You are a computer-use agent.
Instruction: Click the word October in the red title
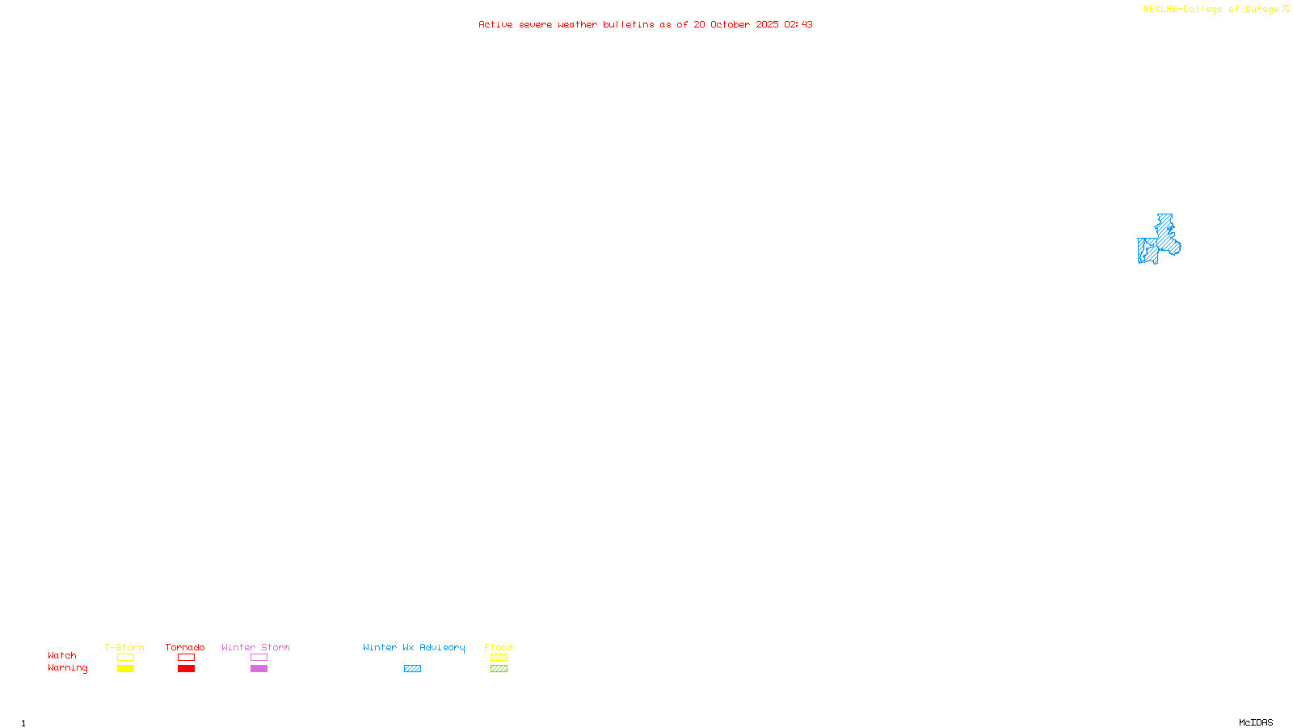(730, 24)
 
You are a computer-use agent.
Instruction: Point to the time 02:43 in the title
(798, 24)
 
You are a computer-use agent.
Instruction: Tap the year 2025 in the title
(767, 24)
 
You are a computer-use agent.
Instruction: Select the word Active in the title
(495, 24)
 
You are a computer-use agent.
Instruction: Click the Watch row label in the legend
(62, 655)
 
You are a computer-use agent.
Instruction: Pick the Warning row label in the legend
(67, 668)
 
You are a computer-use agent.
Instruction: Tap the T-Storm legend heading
(124, 647)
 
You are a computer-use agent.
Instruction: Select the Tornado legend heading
(185, 647)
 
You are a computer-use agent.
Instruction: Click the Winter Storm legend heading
(255, 647)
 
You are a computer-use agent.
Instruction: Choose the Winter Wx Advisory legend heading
(414, 647)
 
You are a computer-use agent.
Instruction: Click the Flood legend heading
(499, 647)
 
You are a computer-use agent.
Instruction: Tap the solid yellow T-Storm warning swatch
(125, 669)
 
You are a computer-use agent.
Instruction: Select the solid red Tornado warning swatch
(186, 669)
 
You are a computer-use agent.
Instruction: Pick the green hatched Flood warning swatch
(499, 669)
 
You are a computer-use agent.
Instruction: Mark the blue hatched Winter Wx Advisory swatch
(412, 669)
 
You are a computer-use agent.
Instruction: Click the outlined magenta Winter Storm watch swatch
(259, 658)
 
